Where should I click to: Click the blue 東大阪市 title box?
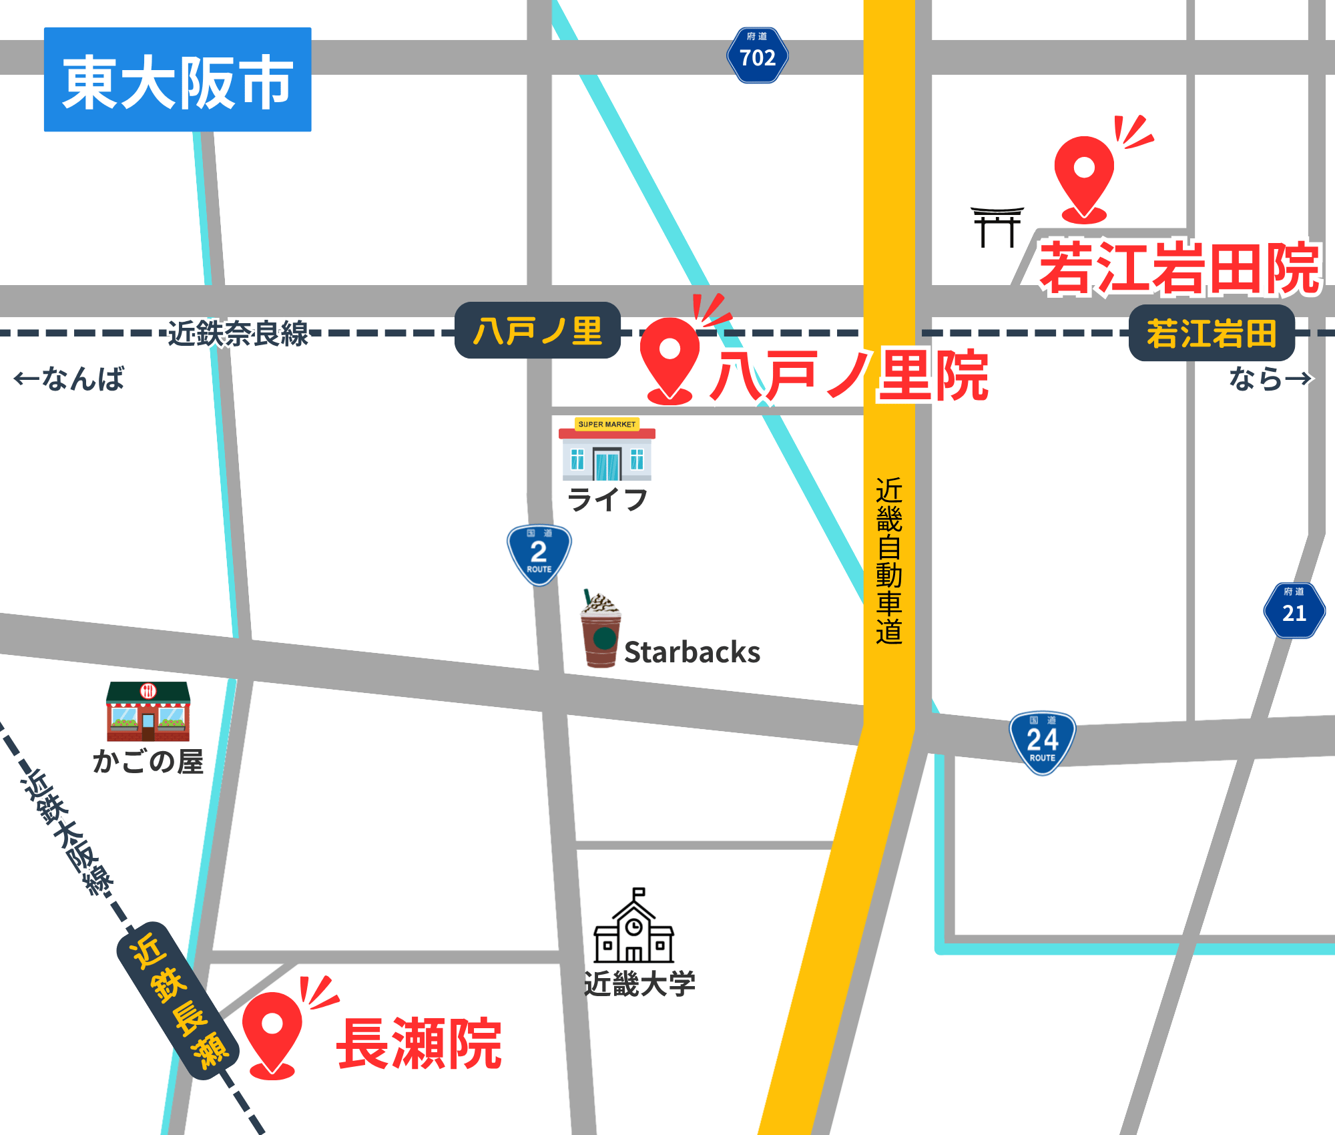point(178,79)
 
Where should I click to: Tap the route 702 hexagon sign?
point(758,55)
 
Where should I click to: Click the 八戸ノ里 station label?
point(538,330)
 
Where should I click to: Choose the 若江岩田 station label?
point(1212,333)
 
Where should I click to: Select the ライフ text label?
point(607,499)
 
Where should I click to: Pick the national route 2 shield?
point(539,554)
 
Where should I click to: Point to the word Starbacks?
point(692,652)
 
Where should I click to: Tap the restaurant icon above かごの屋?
point(148,711)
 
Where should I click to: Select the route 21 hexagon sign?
point(1294,610)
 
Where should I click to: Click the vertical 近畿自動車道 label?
point(889,561)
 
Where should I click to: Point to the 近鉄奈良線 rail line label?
point(238,333)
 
